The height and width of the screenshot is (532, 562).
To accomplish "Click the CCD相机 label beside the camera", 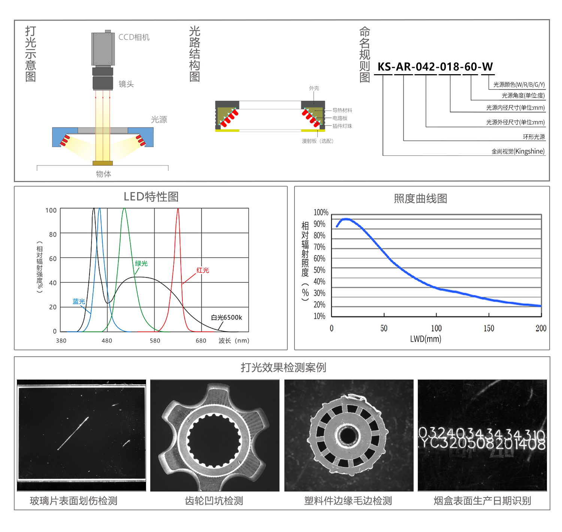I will tap(134, 37).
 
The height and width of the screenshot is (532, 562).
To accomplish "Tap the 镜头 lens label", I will tap(126, 84).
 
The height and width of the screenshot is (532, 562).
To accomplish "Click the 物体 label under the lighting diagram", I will tap(103, 174).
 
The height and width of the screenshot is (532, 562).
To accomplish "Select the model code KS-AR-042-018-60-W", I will tap(435, 67).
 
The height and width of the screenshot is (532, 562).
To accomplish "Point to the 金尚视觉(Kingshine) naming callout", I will tap(518, 151).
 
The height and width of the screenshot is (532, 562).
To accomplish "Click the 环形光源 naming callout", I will tap(534, 137).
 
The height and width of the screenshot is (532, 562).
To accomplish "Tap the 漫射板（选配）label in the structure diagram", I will tap(317, 141).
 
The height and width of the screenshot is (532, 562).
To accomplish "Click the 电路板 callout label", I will tap(340, 118).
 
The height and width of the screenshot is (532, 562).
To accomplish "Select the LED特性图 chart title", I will tap(151, 197).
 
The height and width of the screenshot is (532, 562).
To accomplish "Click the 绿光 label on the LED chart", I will tap(141, 263).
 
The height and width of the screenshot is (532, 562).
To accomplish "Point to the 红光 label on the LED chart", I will tap(203, 270).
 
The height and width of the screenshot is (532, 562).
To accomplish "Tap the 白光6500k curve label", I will tap(226, 317).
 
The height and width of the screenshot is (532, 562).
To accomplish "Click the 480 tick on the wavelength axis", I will tap(107, 341).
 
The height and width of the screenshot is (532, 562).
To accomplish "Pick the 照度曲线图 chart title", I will tap(420, 199).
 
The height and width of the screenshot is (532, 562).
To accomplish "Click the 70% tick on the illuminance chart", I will tap(319, 247).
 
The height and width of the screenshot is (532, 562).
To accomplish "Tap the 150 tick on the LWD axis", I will tap(489, 328).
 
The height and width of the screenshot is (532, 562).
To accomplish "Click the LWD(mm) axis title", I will tap(426, 339).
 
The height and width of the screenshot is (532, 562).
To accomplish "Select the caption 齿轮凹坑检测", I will tap(214, 501).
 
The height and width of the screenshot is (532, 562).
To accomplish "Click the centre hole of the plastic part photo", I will tap(348, 436).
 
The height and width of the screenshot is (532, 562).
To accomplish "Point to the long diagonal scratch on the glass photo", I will tap(73, 433).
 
